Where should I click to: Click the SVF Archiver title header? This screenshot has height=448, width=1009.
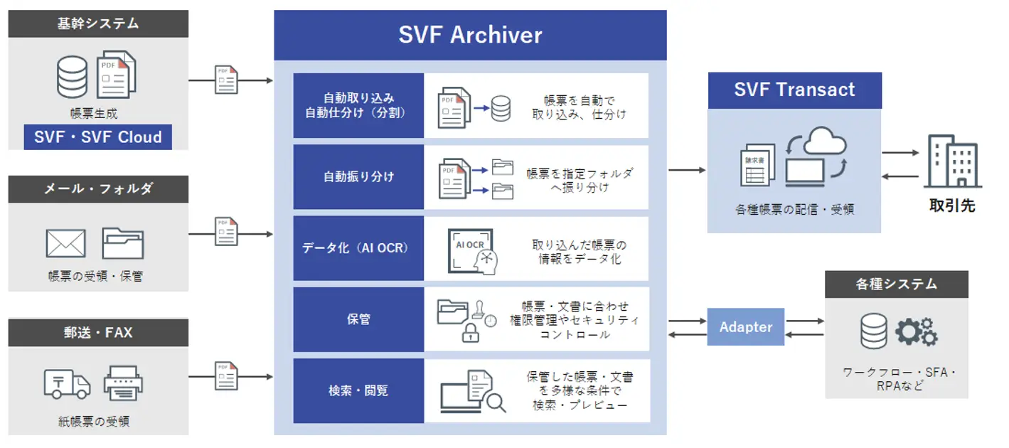470,35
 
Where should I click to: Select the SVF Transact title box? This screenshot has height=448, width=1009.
794,90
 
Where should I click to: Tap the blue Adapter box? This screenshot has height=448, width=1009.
745,327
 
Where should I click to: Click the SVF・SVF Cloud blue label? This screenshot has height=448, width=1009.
98,137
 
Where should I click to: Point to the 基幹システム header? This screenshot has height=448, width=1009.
98,23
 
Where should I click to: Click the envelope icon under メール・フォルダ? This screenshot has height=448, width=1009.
65,243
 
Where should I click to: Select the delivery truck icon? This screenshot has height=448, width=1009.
67,384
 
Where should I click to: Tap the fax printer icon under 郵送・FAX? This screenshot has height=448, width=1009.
123,383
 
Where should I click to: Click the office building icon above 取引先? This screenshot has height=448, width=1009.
952,162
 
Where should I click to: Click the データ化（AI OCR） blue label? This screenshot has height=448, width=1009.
358,248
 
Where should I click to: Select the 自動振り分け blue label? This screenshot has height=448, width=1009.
358,177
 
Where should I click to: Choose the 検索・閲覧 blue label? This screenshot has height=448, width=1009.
358,390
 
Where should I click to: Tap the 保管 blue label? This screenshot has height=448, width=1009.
358,319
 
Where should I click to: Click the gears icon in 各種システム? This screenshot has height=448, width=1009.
917,332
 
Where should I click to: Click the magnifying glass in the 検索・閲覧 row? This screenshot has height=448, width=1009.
496,402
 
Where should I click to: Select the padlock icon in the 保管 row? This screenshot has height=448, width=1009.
471,333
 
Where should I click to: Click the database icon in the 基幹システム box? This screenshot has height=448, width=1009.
72,76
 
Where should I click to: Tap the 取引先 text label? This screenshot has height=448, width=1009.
952,206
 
